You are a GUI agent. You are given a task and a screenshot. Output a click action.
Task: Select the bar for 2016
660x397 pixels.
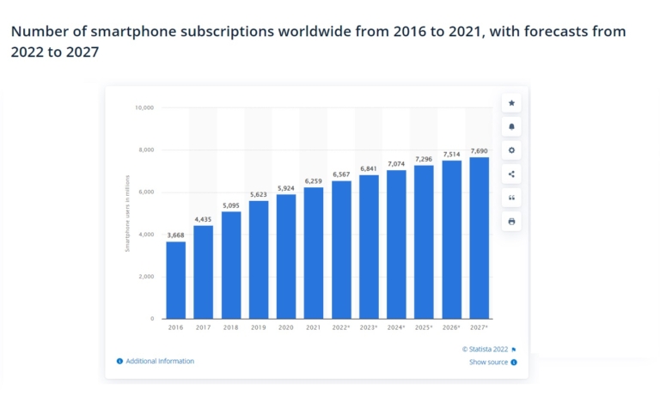[x=175, y=280]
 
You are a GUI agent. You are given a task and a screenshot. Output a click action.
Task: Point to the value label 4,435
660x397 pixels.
[x=203, y=218]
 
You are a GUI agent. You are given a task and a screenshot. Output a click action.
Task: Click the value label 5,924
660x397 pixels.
[x=286, y=187]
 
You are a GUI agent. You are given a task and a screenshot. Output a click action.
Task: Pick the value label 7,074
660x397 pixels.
[x=396, y=163]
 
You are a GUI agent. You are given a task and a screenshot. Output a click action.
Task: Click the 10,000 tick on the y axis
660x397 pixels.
[x=144, y=108]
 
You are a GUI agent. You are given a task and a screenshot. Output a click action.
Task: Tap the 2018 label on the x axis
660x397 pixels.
[x=230, y=328]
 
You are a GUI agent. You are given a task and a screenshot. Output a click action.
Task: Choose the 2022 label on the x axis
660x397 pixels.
[x=341, y=328]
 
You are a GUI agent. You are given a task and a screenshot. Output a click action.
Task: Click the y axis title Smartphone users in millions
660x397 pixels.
[x=127, y=213]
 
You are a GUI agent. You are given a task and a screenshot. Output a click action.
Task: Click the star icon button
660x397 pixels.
[x=511, y=103]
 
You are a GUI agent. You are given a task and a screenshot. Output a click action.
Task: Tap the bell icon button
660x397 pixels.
[x=511, y=126]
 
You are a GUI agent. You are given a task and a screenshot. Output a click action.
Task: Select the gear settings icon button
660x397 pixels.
[x=511, y=150]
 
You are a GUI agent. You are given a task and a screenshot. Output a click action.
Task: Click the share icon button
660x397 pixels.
[x=511, y=174]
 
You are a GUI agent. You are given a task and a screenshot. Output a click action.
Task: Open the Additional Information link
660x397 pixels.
[x=160, y=361]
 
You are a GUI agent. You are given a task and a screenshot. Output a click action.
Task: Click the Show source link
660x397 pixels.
[x=488, y=363]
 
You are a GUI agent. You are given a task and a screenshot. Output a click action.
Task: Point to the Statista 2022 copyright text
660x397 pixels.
[x=485, y=349]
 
